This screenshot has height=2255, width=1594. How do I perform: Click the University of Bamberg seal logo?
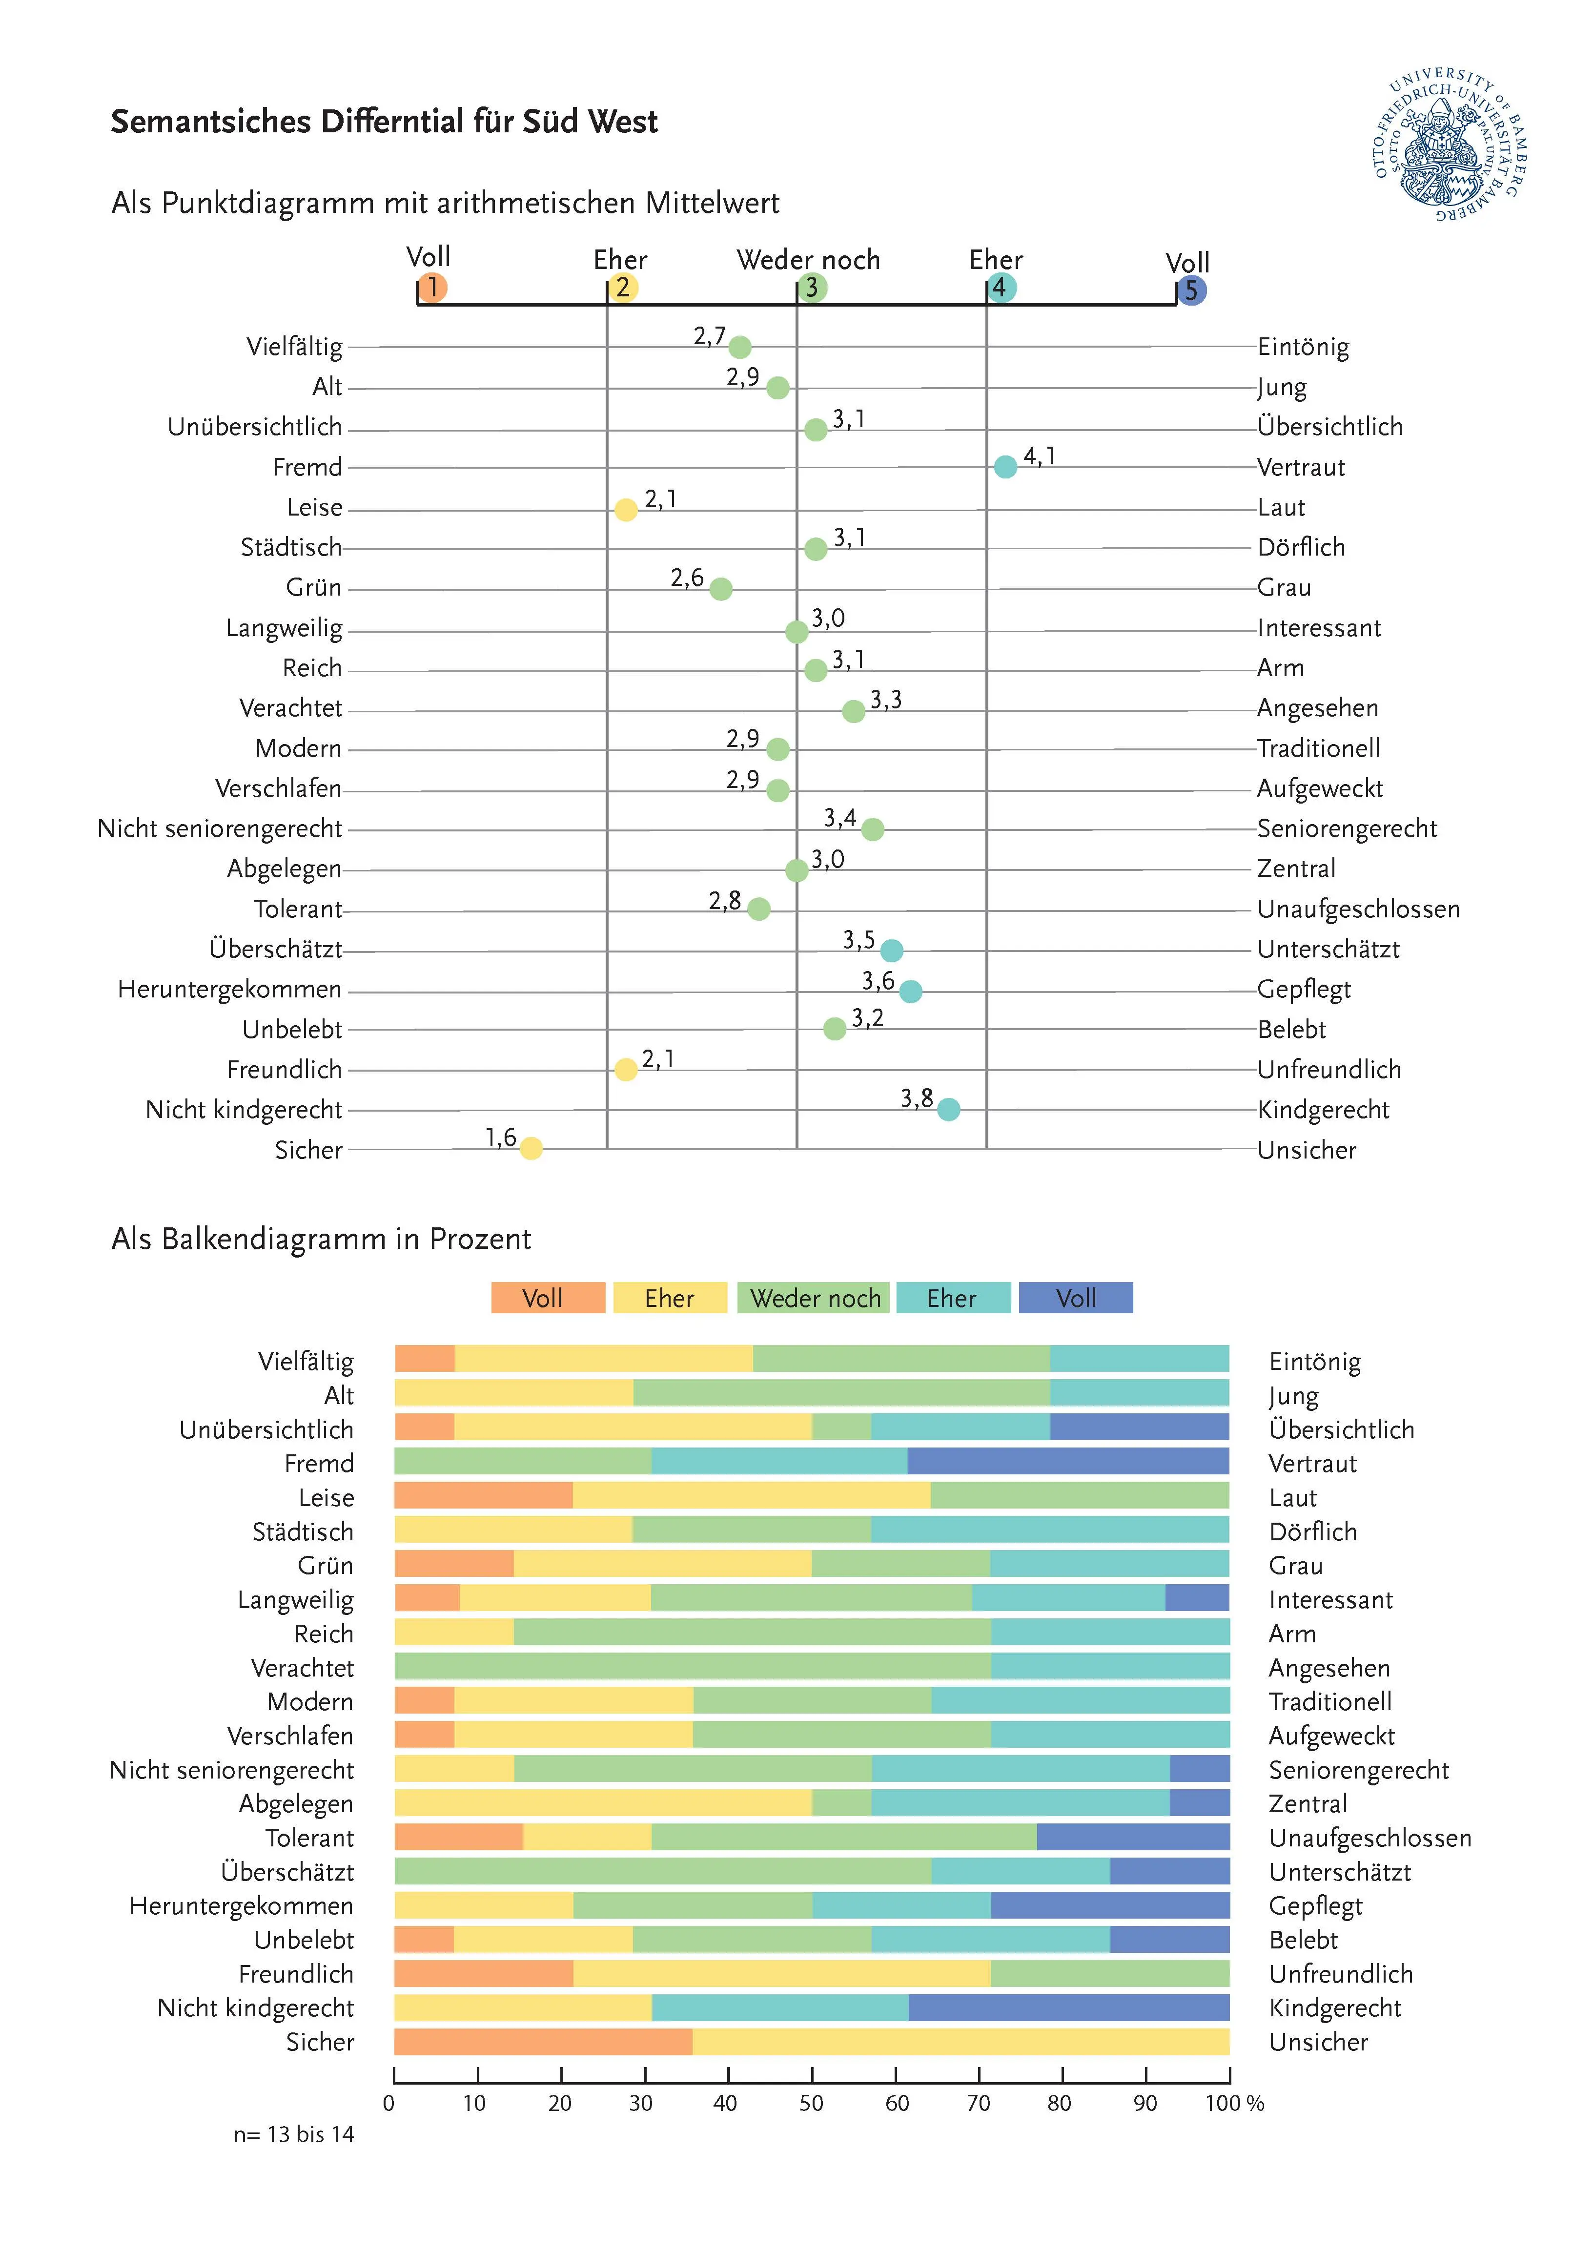coord(1450,145)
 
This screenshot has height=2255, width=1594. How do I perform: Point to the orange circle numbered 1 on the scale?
coord(432,288)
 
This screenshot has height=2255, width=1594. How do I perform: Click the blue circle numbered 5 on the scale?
coord(1191,290)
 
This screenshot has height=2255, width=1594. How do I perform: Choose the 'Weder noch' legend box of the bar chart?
coord(814,1298)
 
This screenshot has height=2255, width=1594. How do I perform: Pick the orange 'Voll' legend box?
coord(548,1298)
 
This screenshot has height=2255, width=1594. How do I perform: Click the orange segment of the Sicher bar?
coord(543,2042)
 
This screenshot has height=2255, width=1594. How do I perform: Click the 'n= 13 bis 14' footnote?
coord(294,2134)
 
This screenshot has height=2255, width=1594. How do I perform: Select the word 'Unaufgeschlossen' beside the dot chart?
coord(1358,910)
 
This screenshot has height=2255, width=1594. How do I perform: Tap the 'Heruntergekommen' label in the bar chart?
coord(242,1906)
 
